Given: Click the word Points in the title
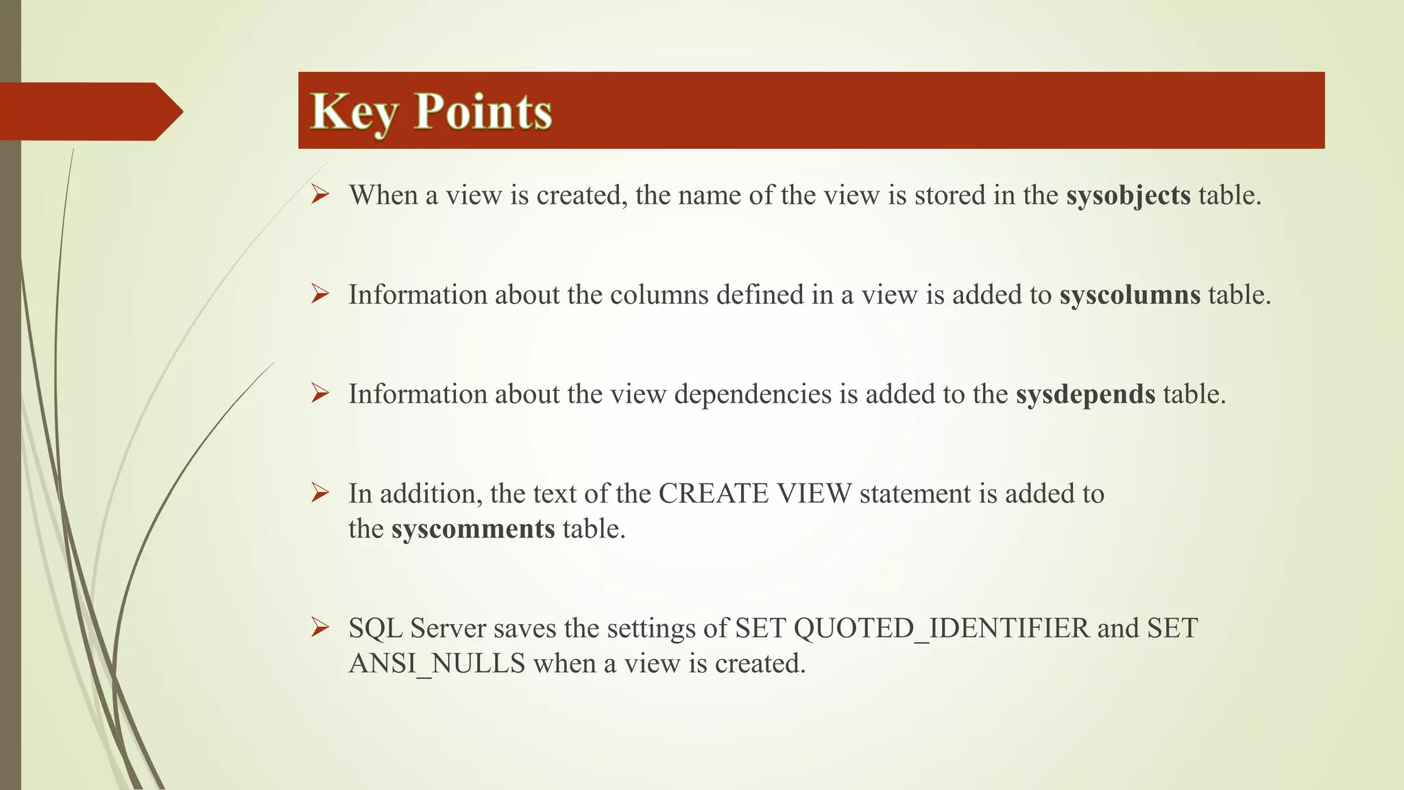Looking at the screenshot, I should point(483,112).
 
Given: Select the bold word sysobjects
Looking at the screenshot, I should point(1128,195).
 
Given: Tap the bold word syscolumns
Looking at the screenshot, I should point(1130,295).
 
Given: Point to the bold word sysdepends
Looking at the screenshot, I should point(1085,394).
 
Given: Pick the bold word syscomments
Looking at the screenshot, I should point(473,529).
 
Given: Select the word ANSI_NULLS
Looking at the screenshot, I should point(437,664).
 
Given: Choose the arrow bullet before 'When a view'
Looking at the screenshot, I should point(320,195).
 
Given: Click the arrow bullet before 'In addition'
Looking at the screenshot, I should point(320,492).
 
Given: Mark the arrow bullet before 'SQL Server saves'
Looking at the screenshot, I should point(320,627).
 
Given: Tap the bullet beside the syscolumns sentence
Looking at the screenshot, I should point(320,294).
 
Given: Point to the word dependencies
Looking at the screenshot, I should point(753,394).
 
